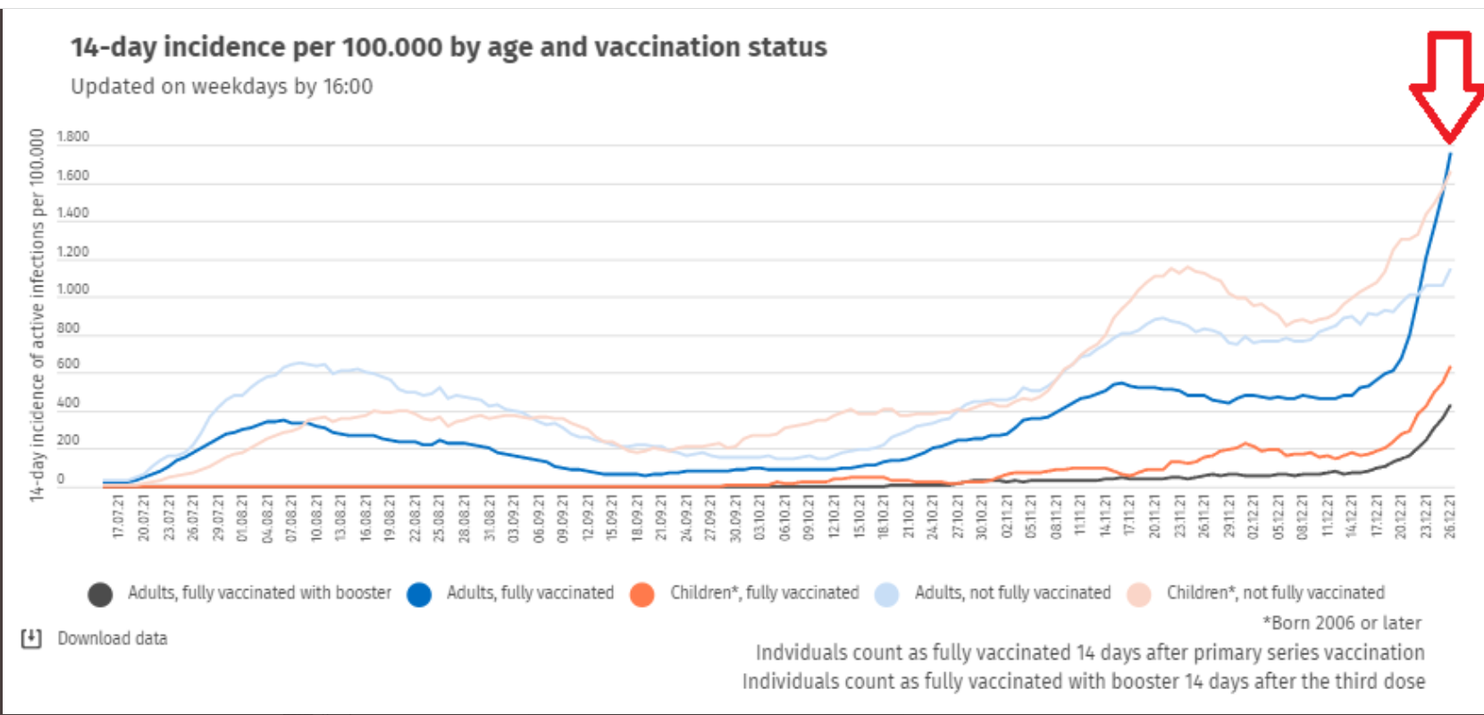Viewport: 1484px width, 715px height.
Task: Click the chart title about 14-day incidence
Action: coord(449,47)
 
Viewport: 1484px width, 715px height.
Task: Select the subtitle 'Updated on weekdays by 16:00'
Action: coord(222,87)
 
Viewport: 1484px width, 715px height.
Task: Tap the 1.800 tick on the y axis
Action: coord(72,137)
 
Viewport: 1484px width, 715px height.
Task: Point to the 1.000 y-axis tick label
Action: coord(72,289)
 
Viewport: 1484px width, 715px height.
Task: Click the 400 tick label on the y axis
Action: coord(68,403)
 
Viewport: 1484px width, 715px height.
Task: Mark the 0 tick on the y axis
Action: coord(61,478)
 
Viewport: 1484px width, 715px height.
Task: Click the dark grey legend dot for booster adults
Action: coord(100,594)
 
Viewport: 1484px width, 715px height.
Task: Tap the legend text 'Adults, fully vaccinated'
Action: coord(530,593)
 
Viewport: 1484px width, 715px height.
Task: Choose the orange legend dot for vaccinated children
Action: coord(641,594)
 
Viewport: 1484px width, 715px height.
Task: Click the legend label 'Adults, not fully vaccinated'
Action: coord(1012,593)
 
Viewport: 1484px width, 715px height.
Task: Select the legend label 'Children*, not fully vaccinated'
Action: coord(1275,593)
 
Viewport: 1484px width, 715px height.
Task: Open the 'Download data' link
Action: coord(113,638)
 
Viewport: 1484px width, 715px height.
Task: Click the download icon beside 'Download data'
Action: coord(31,638)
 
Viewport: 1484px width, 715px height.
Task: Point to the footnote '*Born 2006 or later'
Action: coord(1341,622)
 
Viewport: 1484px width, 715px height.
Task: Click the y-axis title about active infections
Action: coord(37,315)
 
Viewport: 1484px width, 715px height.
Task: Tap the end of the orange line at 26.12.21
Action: coord(1449,367)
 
